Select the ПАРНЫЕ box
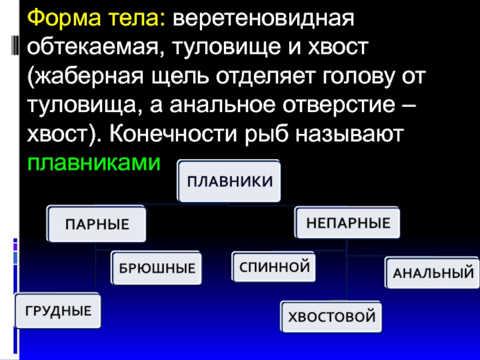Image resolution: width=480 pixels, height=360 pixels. coord(97,224)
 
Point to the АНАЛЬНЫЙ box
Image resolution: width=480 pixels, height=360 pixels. coord(433,273)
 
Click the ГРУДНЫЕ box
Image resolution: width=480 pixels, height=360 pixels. coord(58,311)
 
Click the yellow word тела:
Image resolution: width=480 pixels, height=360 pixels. coord(136,23)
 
